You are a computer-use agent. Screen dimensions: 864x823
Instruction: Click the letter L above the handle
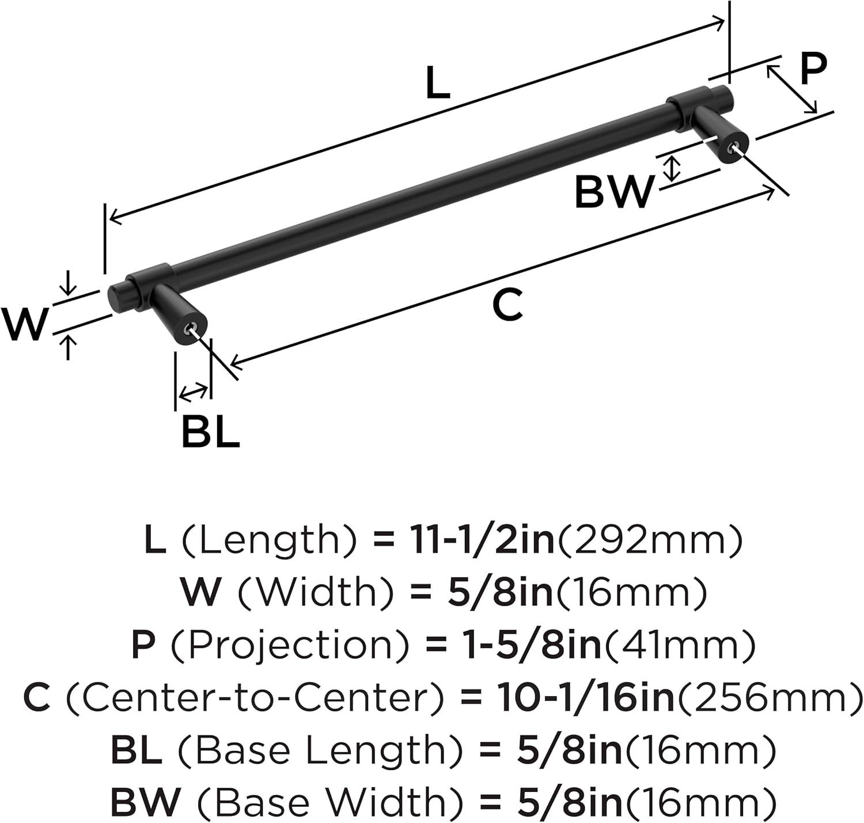click(x=438, y=82)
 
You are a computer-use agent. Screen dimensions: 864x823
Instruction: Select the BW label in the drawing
click(x=613, y=192)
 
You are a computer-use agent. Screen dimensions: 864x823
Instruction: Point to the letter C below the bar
click(x=507, y=305)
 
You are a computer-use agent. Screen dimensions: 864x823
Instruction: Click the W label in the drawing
click(x=24, y=324)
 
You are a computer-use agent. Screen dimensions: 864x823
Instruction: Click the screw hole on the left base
click(x=191, y=327)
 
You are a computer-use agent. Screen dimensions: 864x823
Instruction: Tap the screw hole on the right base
click(x=733, y=149)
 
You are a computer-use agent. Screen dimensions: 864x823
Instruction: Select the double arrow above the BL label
click(x=194, y=392)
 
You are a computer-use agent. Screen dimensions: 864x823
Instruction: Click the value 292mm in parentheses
click(x=650, y=541)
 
